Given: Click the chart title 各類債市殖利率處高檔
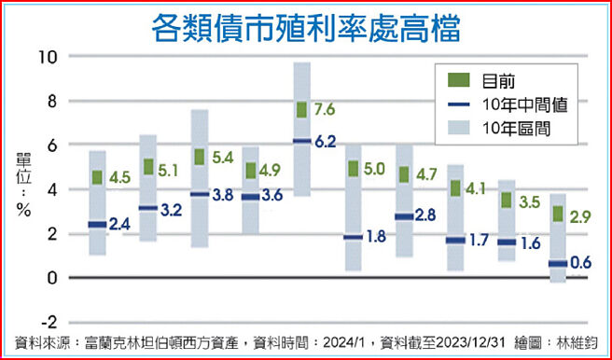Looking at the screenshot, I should [x=306, y=26].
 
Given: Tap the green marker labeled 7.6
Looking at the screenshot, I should [x=301, y=110].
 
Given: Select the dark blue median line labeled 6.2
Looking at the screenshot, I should [x=301, y=141].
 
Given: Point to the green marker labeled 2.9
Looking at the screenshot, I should [x=558, y=215].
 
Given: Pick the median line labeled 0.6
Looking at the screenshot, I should [x=558, y=264].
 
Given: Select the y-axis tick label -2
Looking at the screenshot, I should [x=49, y=322].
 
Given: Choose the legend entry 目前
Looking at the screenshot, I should [x=498, y=80].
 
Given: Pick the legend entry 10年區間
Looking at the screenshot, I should [x=516, y=129].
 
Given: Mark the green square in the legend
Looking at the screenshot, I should [x=458, y=80].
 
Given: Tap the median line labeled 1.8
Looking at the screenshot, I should [x=354, y=237].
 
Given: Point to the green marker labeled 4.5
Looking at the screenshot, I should [x=97, y=177].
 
